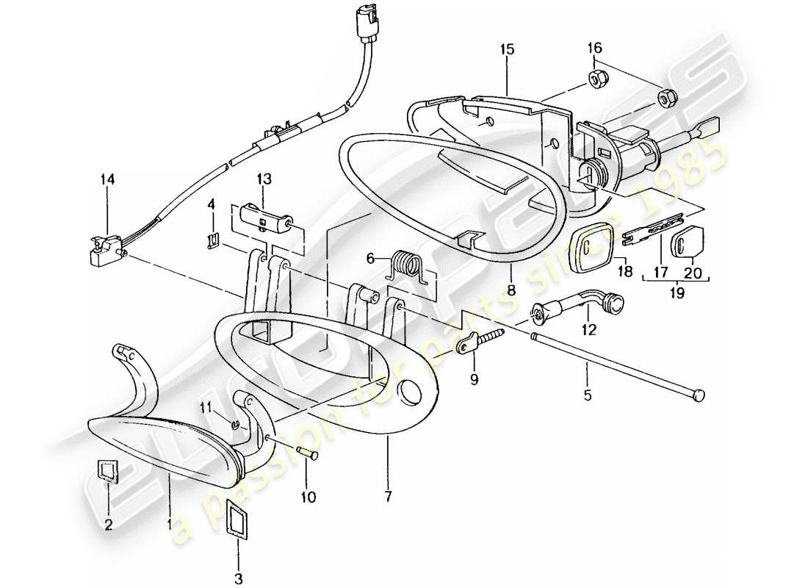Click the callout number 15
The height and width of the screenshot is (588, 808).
click(507, 49)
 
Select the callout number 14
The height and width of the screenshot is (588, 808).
click(109, 178)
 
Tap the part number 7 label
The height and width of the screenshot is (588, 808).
click(387, 497)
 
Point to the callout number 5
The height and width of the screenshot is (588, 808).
click(587, 395)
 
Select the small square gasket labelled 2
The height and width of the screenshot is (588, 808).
click(107, 470)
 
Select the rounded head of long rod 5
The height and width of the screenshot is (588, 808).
click(699, 395)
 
